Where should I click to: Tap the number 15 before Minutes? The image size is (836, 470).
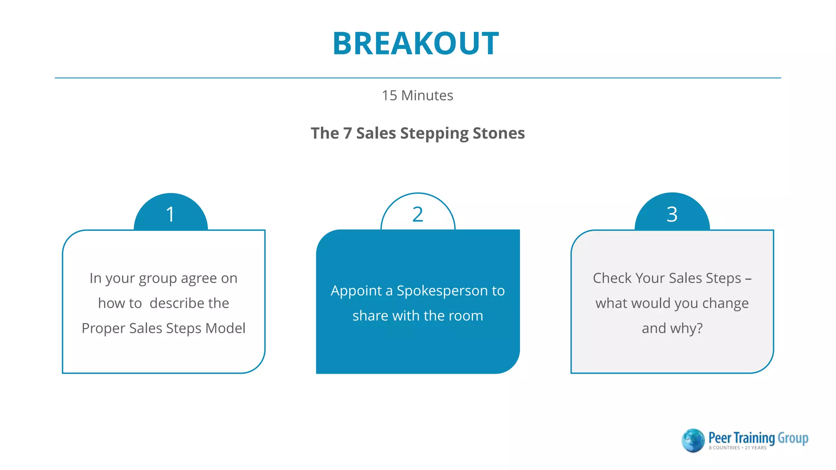[x=389, y=95]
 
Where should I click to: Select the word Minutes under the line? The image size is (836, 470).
[x=427, y=95]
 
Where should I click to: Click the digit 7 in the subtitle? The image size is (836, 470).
[x=347, y=133]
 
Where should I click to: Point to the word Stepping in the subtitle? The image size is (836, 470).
[x=434, y=134]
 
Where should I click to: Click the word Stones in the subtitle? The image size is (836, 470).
[x=498, y=133]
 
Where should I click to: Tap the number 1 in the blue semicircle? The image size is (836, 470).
[x=171, y=214]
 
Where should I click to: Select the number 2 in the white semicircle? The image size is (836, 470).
[x=418, y=214]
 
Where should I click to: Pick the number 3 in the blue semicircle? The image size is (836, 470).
[x=672, y=214]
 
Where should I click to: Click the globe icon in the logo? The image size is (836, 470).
[x=693, y=441]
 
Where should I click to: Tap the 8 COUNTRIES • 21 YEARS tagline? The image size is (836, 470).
[x=738, y=448]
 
